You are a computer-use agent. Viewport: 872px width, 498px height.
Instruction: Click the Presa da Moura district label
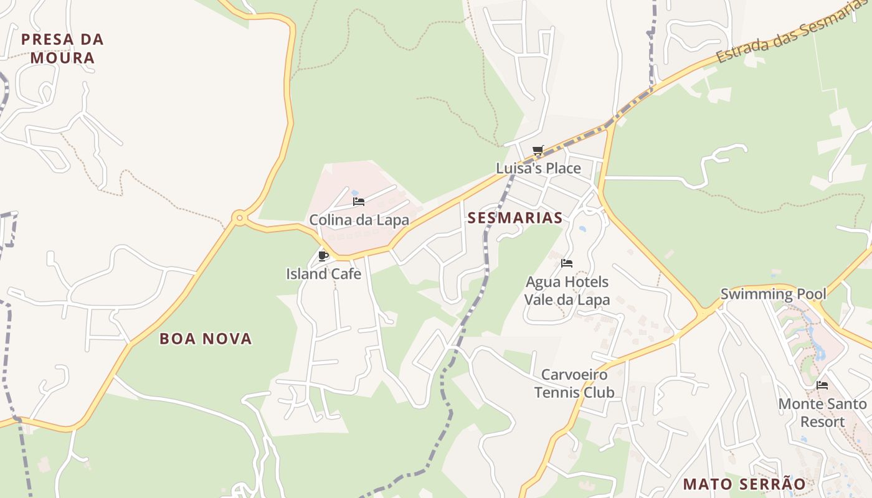pos(62,49)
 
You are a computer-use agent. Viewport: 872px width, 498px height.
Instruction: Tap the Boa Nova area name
pos(206,339)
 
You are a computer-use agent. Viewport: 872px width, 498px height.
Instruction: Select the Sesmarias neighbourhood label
pos(515,217)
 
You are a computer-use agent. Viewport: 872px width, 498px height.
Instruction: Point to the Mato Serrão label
pos(744,484)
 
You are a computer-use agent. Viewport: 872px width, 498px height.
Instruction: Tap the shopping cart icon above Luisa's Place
pos(538,150)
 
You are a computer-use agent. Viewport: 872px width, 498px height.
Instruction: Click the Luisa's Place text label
pos(538,168)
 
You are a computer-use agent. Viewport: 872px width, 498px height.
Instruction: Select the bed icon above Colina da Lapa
pos(359,201)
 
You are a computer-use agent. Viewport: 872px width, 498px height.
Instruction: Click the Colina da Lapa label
pos(359,220)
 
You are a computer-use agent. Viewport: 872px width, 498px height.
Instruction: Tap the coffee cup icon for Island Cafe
pos(323,255)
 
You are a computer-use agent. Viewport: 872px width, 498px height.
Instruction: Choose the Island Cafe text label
pos(323,274)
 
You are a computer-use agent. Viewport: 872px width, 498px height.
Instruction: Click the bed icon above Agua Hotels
pos(567,263)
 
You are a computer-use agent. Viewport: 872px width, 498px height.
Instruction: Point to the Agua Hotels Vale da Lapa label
pos(567,291)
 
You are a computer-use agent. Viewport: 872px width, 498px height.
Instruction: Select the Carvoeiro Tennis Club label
pos(574,383)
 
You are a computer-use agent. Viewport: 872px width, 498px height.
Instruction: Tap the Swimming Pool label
pos(773,294)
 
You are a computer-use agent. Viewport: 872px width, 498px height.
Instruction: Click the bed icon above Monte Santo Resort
pos(822,385)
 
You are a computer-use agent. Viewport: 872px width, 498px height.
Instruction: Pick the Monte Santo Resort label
pos(822,413)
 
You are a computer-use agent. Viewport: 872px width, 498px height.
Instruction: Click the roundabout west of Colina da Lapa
pos(239,218)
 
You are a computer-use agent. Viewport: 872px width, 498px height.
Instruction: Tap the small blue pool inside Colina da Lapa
pos(355,193)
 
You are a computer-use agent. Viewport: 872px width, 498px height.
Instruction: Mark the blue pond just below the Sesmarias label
pos(582,229)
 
